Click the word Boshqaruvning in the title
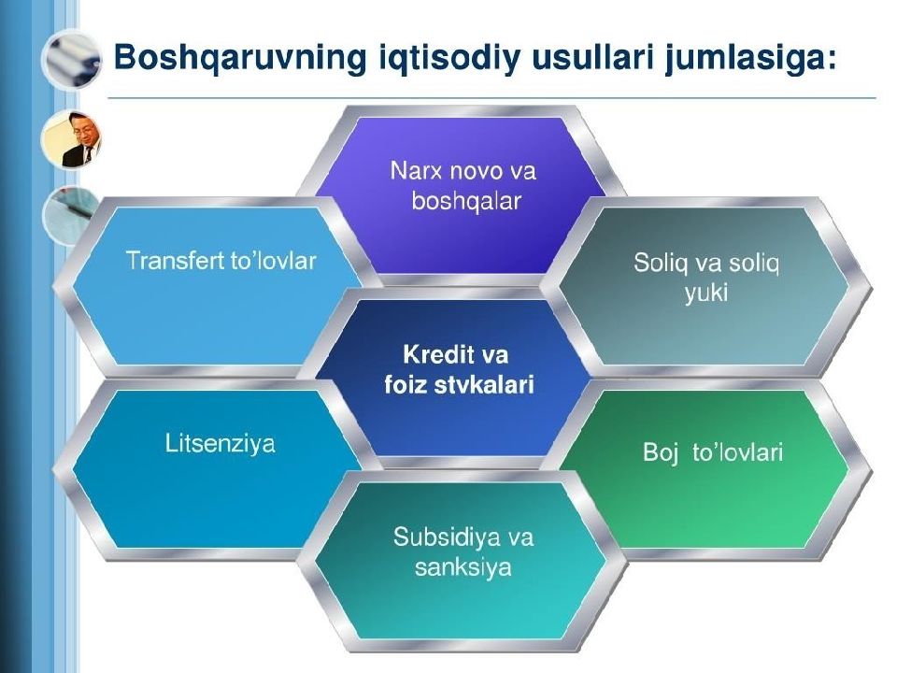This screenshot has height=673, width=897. [240, 58]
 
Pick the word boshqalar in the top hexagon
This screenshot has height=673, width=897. [466, 201]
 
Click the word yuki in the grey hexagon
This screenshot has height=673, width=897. [706, 294]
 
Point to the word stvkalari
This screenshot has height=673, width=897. [484, 384]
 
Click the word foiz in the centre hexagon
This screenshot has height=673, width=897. [406, 384]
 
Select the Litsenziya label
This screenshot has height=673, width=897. [220, 443]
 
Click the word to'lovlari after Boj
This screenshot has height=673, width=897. [737, 452]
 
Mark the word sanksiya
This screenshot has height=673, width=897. [463, 567]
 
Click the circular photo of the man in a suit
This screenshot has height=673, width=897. [71, 139]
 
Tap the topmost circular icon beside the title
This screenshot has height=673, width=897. [71, 59]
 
